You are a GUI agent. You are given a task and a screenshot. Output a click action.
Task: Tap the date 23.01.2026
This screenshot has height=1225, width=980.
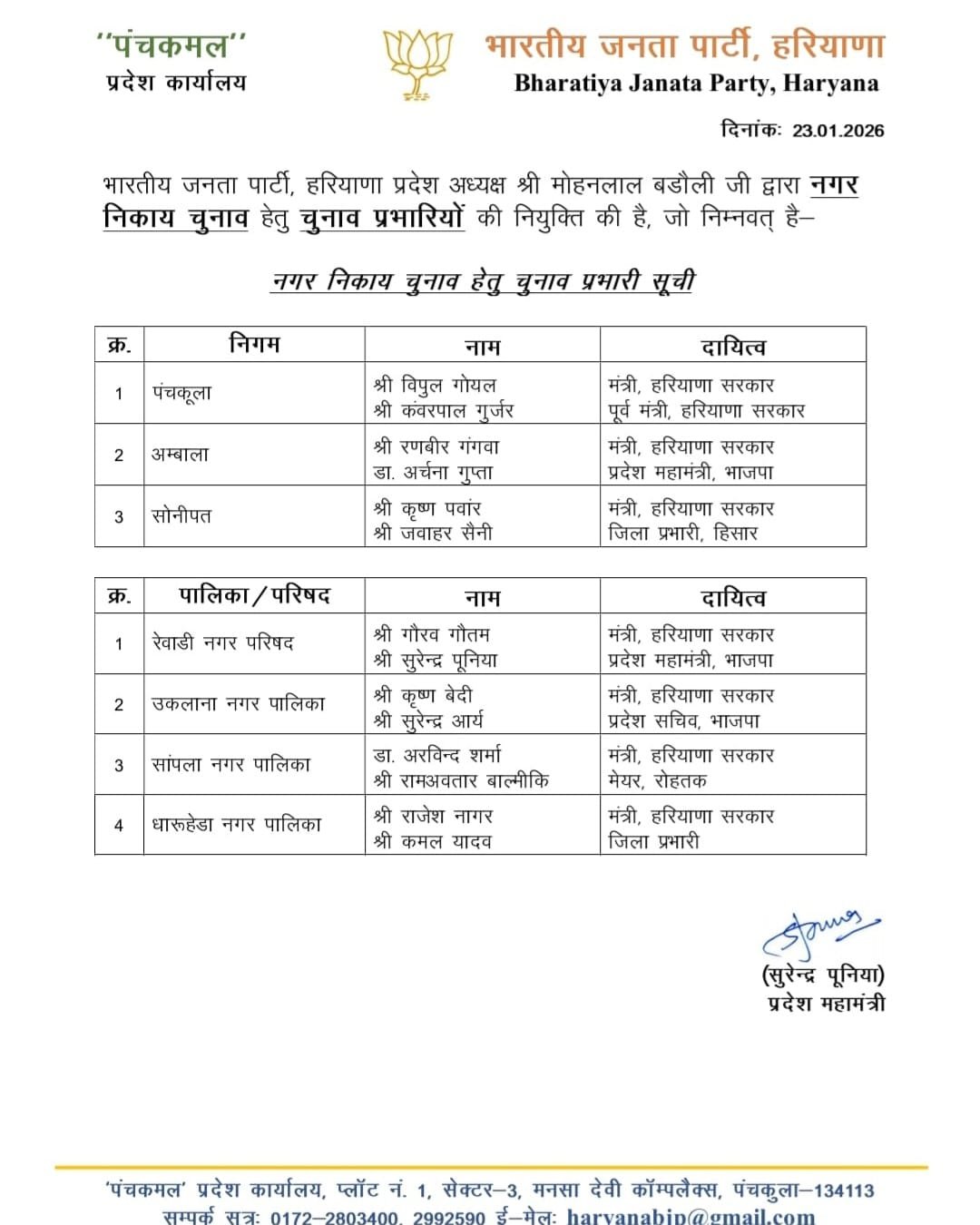click(838, 130)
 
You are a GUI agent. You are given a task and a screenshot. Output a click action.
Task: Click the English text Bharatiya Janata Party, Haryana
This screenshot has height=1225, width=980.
click(696, 83)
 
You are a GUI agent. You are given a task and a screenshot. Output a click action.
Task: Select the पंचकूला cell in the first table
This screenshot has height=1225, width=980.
click(181, 394)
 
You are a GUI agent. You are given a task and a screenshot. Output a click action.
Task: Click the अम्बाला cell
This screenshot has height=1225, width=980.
click(180, 455)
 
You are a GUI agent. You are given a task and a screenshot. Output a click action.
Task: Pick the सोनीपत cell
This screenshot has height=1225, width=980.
click(181, 516)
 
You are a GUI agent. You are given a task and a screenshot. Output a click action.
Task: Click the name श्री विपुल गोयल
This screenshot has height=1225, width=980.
click(435, 385)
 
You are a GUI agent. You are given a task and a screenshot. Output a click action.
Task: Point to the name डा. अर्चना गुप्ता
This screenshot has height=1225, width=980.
click(433, 472)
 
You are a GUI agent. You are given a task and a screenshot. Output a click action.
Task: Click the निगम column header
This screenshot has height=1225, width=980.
click(254, 345)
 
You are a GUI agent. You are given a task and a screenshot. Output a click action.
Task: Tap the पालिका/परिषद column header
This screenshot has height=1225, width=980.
click(254, 596)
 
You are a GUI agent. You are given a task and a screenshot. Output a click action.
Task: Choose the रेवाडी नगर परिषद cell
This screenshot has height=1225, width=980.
click(222, 643)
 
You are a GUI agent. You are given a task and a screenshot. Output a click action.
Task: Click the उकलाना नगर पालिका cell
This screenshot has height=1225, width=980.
click(238, 703)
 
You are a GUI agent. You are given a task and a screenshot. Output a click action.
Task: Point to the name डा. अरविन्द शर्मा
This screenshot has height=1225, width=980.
click(436, 755)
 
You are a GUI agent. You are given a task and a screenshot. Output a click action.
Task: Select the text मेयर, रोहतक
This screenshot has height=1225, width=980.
click(657, 780)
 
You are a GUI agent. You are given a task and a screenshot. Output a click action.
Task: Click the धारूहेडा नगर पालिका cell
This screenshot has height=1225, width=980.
click(236, 825)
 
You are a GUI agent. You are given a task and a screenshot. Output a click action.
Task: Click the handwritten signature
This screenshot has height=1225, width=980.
click(818, 934)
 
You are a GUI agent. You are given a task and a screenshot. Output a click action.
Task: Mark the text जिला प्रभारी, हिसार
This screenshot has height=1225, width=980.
click(682, 533)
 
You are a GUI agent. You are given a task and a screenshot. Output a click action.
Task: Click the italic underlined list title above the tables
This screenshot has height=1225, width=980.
click(483, 281)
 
